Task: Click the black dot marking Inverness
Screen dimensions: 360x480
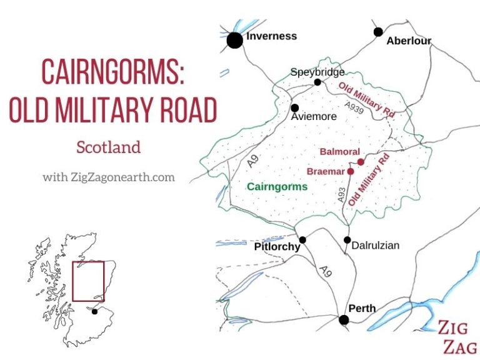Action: (x=234, y=41)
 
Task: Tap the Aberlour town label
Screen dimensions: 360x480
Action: (x=409, y=41)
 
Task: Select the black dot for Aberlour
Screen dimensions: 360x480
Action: (x=378, y=31)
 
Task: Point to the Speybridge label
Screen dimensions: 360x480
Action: (x=317, y=72)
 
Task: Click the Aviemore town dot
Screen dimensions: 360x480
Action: (x=294, y=107)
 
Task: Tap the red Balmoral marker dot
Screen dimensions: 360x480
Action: (x=361, y=162)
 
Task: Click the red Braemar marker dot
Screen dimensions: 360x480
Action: (x=351, y=171)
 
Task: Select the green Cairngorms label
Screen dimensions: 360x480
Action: (x=277, y=186)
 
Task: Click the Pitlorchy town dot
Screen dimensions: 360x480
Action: (x=302, y=239)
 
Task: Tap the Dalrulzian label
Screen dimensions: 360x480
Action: (x=376, y=246)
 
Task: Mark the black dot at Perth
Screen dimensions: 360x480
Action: (x=343, y=320)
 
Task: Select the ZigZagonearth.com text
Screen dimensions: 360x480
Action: (x=109, y=177)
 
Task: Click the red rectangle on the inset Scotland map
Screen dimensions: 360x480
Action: (x=88, y=281)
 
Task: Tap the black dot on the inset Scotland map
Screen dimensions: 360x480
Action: (x=94, y=311)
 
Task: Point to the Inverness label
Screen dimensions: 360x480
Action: (x=271, y=36)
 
